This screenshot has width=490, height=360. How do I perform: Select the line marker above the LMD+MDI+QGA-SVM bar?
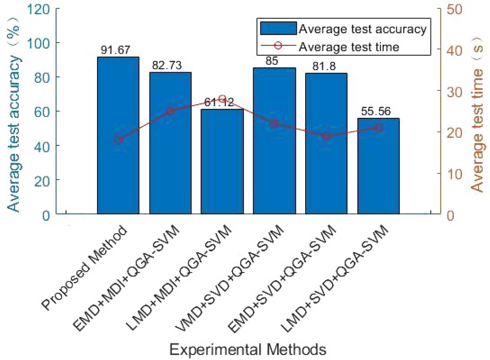pos(222,99)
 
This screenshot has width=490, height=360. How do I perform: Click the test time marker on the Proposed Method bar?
pos(118,140)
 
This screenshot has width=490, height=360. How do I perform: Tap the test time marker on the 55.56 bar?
pos(379,128)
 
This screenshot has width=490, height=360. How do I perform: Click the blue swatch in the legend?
pos(278,28)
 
